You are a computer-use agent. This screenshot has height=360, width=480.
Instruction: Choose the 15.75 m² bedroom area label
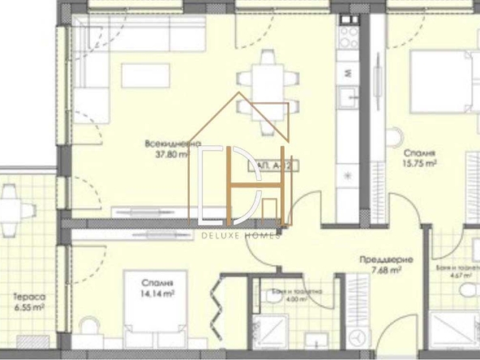point(421,162)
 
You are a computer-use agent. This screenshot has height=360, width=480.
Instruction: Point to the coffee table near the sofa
point(146,77)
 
